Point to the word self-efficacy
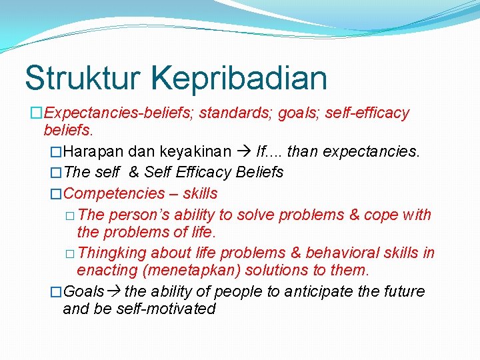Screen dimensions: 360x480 (x=367, y=113)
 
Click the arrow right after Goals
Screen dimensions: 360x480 (x=113, y=291)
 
